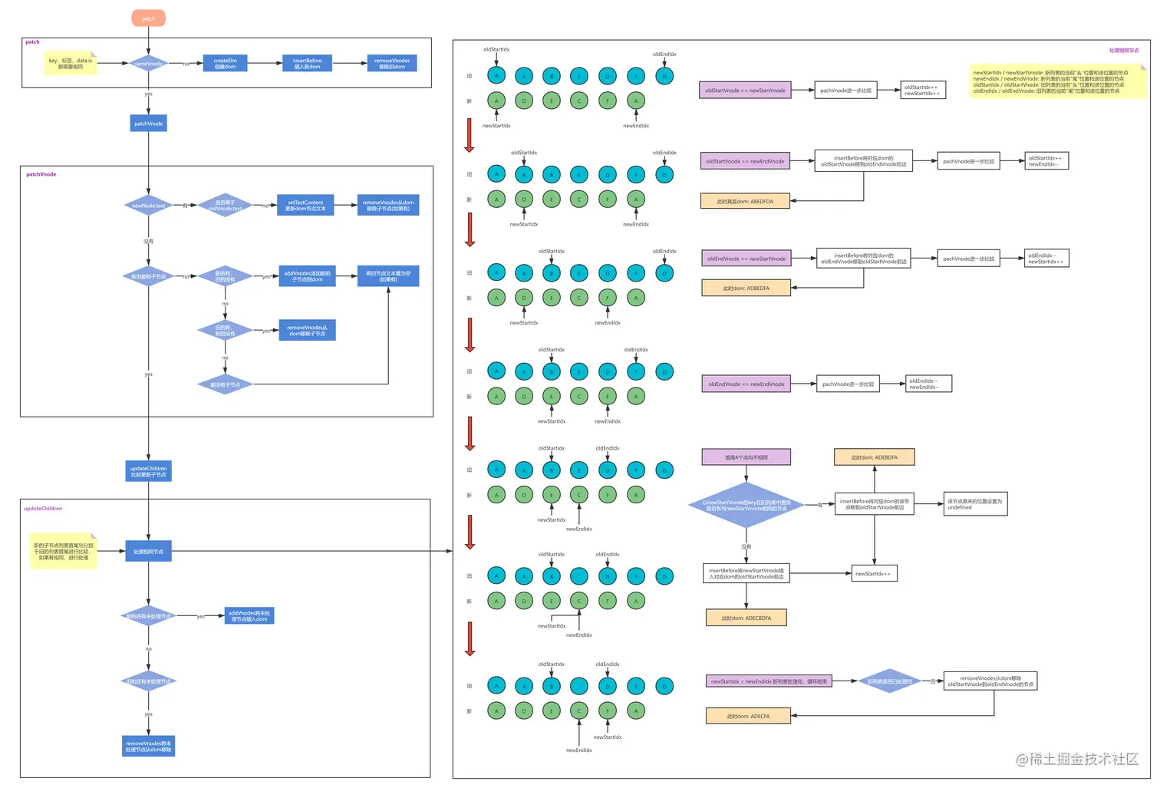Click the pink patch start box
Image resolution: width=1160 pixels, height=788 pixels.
(x=149, y=18)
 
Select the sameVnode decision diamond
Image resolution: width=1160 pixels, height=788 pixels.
(x=149, y=64)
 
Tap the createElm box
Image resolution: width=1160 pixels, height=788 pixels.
(x=225, y=64)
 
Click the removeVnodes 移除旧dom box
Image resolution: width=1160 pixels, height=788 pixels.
(x=392, y=64)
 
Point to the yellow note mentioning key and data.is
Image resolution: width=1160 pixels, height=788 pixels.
(x=70, y=64)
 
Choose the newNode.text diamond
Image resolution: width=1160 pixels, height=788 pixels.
(x=148, y=206)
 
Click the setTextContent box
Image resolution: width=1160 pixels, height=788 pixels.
(x=305, y=206)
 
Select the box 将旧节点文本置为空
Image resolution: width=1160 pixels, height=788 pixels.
(x=388, y=276)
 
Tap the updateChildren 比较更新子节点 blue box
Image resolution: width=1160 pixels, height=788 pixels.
(x=148, y=471)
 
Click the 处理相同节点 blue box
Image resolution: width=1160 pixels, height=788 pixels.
(x=148, y=551)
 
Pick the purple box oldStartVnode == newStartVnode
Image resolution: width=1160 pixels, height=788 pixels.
(x=746, y=91)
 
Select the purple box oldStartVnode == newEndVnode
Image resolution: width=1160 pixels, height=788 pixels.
(x=745, y=161)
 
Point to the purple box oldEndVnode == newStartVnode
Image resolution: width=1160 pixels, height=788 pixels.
(x=746, y=259)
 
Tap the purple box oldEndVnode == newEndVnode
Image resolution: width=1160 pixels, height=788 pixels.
(x=746, y=384)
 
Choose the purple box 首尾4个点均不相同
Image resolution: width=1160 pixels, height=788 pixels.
(x=746, y=457)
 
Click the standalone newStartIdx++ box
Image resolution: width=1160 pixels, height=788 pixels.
(x=874, y=573)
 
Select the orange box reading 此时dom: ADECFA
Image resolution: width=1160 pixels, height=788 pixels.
(x=748, y=716)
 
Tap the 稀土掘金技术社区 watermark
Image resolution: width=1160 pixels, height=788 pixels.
(x=1078, y=759)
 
